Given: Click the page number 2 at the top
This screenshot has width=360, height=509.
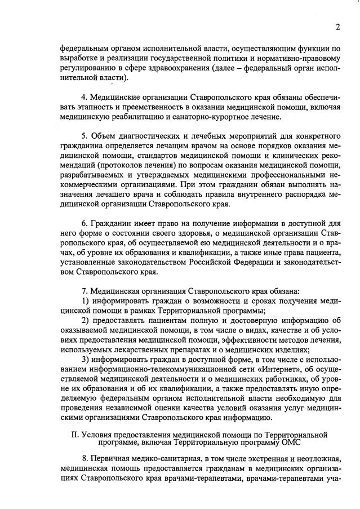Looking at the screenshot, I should pyautogui.click(x=337, y=27).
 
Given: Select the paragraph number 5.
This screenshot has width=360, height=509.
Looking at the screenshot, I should pyautogui.click(x=84, y=137).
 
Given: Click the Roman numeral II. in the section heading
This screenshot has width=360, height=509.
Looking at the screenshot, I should pyautogui.click(x=73, y=435).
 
